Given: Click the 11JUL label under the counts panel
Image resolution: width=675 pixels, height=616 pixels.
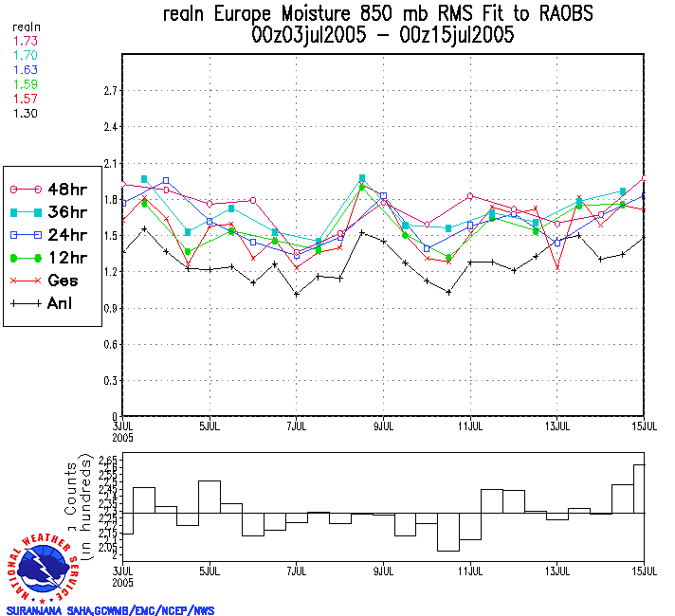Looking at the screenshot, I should (x=471, y=572).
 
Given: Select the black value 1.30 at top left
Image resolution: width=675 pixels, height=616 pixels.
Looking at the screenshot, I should (x=25, y=113).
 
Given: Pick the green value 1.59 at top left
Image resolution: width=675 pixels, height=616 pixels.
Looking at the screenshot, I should (x=25, y=85).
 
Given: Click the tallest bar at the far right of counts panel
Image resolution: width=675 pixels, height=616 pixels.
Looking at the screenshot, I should (x=639, y=488).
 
